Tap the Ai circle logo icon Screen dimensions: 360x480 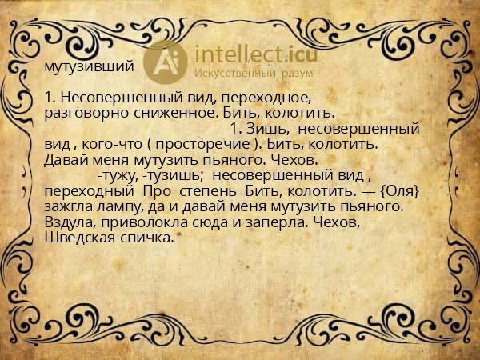pyautogui.click(x=165, y=61)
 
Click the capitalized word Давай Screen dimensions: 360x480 pyautogui.click(x=68, y=159)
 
